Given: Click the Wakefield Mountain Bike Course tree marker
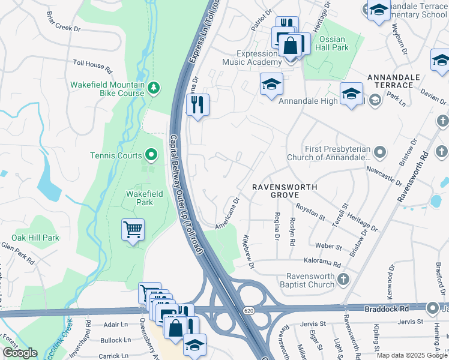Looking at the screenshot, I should click(x=154, y=88).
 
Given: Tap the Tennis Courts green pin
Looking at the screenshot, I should click(x=151, y=156).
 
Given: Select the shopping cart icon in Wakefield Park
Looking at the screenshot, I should click(x=133, y=229).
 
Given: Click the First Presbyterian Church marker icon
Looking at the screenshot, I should click(x=379, y=151).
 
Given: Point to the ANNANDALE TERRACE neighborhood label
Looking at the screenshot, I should click(x=390, y=82).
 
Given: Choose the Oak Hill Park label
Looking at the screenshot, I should click(x=35, y=238).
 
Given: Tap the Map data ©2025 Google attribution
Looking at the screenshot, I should click(x=412, y=355).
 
